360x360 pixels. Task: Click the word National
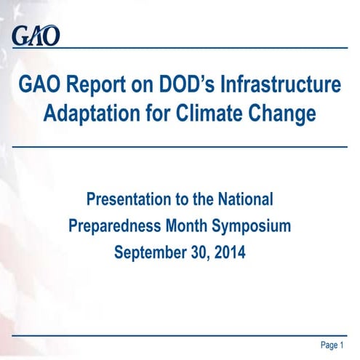click(x=243, y=199)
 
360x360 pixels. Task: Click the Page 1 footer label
click(x=332, y=343)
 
